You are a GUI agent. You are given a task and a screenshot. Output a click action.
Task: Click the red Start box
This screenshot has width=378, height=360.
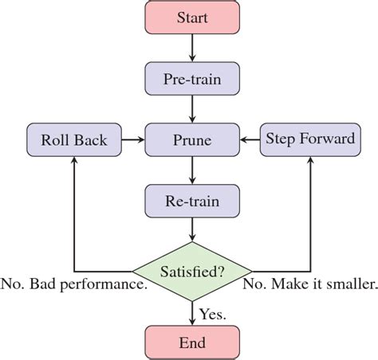(191, 17)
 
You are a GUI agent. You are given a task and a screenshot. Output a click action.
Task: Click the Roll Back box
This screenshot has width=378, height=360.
(73, 139)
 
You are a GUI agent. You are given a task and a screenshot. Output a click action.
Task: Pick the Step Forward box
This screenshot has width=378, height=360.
(309, 139)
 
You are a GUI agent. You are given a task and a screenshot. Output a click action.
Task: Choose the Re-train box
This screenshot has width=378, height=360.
(191, 201)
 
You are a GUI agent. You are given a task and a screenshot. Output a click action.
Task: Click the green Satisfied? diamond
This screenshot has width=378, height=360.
(191, 271)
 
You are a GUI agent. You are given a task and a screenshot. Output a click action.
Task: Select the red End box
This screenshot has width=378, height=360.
(191, 342)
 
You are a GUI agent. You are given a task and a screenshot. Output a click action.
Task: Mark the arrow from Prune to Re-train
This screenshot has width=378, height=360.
(191, 170)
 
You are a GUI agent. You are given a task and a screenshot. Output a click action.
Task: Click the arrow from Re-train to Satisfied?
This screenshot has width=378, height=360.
(191, 229)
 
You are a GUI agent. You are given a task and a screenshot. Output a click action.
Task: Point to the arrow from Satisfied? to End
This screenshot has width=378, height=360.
(191, 312)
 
